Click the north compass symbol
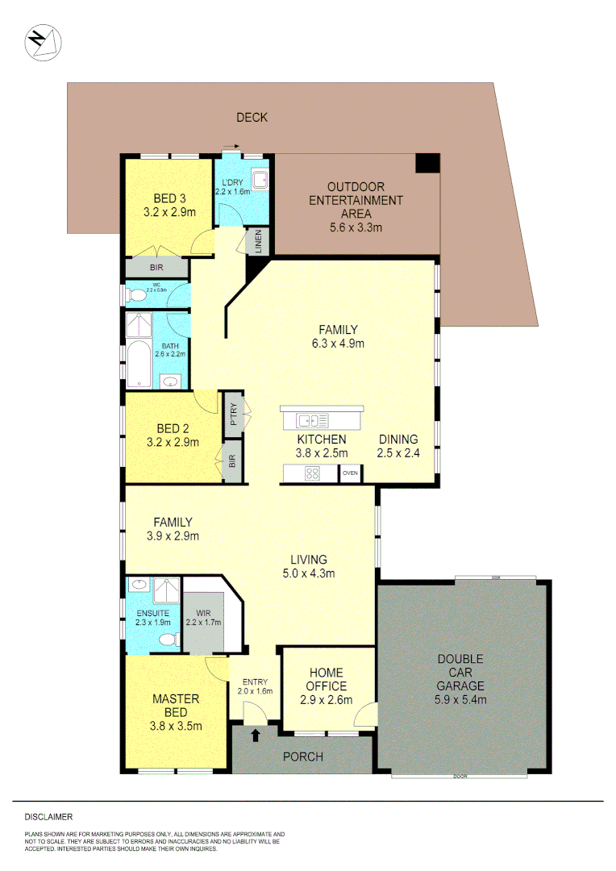41,42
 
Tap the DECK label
252,118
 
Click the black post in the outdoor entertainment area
427,163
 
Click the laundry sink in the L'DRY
260,180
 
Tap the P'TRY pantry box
233,414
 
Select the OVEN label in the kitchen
350,474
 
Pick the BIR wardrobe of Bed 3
157,268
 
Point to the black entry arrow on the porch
256,735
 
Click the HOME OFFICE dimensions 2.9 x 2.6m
326,700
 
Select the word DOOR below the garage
460,776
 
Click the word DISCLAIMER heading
49,817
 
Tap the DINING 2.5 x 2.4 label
397,446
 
